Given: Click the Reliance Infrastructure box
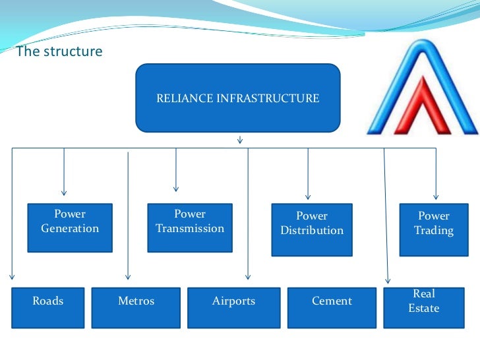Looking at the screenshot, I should pyautogui.click(x=238, y=98).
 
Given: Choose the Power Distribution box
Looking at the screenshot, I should pyautogui.click(x=312, y=229).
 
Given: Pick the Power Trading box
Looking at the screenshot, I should pyautogui.click(x=433, y=229).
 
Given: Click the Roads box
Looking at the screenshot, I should pyautogui.click(x=48, y=307).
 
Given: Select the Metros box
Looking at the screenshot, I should pyautogui.click(x=136, y=307).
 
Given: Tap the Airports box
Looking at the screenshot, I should pyautogui.click(x=233, y=307).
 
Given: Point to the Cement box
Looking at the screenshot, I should pyautogui.click(x=332, y=307).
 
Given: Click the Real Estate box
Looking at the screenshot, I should pyautogui.click(x=423, y=307).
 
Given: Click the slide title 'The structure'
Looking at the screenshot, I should pyautogui.click(x=59, y=51).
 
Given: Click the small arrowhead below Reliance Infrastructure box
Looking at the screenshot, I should pyautogui.click(x=239, y=140).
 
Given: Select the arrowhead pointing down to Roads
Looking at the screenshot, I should pyautogui.click(x=12, y=277).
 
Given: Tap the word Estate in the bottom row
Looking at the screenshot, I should pyautogui.click(x=423, y=309).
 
